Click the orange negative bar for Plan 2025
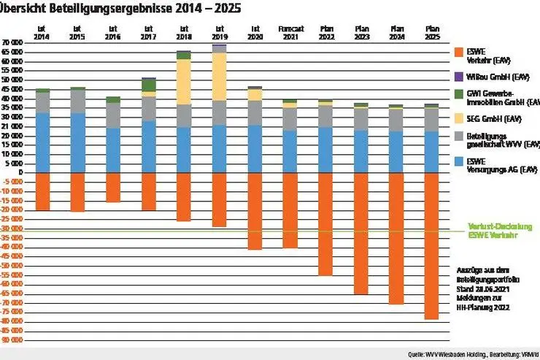tap(431, 245)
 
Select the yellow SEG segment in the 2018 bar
tap(184, 82)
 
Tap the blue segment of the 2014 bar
tap(42, 142)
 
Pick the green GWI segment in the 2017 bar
tap(149, 85)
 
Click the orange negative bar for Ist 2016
tap(113, 187)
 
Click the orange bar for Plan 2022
tap(325, 223)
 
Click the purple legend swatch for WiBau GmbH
tap(458, 75)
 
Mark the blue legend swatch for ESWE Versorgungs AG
tap(458, 161)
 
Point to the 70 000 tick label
tap(12, 43)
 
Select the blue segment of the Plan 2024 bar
tap(396, 151)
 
